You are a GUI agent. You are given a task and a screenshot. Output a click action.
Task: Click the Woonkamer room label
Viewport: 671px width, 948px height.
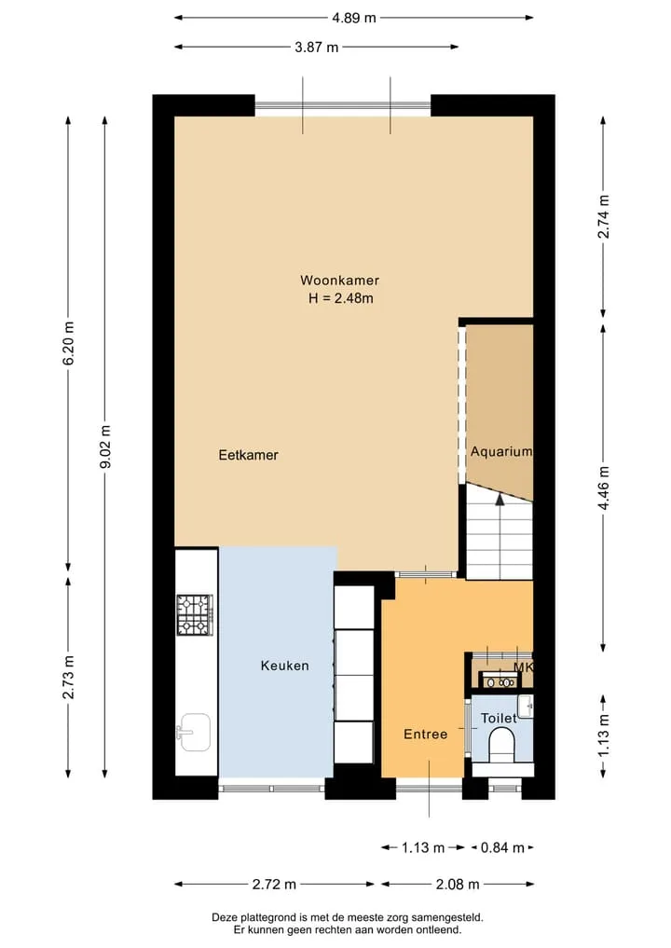pyautogui.click(x=340, y=281)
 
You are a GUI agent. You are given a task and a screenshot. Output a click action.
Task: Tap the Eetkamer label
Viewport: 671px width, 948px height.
pyautogui.click(x=249, y=455)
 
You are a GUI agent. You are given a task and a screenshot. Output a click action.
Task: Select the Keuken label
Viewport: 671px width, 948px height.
pyautogui.click(x=285, y=666)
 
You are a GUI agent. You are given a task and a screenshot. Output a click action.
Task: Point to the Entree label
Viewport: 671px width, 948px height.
pyautogui.click(x=426, y=734)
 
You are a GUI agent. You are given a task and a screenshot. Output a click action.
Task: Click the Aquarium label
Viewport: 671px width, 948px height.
pyautogui.click(x=501, y=452)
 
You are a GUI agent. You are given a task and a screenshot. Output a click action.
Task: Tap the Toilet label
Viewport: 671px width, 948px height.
pyautogui.click(x=499, y=719)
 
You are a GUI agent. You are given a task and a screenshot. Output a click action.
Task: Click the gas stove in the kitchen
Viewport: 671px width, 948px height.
pyautogui.click(x=195, y=615)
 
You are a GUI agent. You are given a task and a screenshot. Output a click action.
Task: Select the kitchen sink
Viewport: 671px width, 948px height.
pyautogui.click(x=194, y=732)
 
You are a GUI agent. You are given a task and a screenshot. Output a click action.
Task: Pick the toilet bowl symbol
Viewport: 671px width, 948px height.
pyautogui.click(x=501, y=744)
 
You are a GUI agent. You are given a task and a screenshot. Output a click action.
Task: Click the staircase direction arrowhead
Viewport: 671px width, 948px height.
pyautogui.click(x=500, y=500)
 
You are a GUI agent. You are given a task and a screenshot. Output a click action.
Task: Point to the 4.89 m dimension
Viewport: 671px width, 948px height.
pyautogui.click(x=353, y=18)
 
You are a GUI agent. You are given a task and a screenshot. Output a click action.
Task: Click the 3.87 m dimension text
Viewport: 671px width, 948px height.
pyautogui.click(x=317, y=48)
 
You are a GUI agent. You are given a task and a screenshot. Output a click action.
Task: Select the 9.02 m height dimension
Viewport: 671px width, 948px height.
pyautogui.click(x=105, y=447)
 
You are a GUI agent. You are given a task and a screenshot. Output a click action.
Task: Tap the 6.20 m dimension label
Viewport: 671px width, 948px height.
pyautogui.click(x=68, y=342)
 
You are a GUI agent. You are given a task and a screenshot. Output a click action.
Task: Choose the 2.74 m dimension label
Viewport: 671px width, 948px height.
pyautogui.click(x=603, y=216)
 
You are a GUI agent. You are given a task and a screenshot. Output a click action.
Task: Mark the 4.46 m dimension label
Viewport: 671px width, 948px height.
pyautogui.click(x=603, y=488)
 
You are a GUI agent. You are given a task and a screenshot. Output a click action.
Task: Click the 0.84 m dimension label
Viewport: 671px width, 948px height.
pyautogui.click(x=502, y=847)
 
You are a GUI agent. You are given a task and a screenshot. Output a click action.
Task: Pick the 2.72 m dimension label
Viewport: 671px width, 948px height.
pyautogui.click(x=274, y=885)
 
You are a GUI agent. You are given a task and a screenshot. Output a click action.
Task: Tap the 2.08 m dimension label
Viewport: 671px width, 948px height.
pyautogui.click(x=458, y=885)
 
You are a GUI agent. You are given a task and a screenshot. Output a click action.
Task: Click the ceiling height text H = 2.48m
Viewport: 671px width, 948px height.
pyautogui.click(x=341, y=298)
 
